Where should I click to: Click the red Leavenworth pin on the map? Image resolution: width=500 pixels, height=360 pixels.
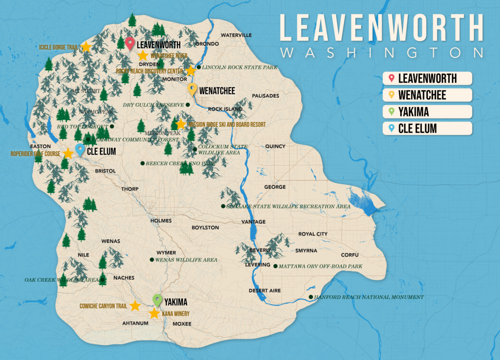(130, 43)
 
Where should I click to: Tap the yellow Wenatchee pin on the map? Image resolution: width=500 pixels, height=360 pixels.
(193, 89)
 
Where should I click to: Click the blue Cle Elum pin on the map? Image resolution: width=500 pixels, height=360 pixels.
(80, 149)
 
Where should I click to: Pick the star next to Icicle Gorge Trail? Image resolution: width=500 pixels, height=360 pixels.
(86, 47)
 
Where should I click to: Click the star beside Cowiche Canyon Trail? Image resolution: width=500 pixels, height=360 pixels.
(135, 306)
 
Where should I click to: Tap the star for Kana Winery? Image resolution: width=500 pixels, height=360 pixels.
(154, 313)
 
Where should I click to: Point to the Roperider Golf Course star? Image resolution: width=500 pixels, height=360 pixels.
(68, 153)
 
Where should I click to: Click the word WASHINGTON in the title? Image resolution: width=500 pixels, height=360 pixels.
(382, 52)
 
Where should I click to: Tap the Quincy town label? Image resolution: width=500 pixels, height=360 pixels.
(275, 146)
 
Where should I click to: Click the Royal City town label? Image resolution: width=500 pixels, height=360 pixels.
(312, 234)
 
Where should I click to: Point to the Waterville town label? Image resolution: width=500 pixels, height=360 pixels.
(236, 35)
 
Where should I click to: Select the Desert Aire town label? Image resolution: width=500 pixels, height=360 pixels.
(265, 291)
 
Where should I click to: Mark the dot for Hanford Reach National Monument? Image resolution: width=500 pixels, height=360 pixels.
(311, 297)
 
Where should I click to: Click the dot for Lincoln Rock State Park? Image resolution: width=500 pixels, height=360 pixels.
(199, 68)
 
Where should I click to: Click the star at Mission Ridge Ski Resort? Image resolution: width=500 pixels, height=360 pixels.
(181, 124)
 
